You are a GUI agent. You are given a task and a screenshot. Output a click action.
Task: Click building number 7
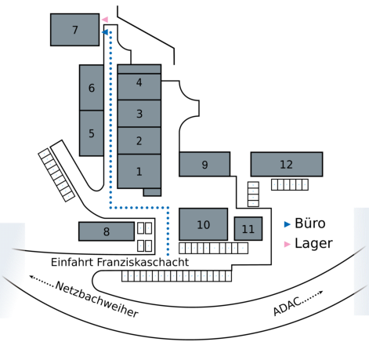click(x=74, y=30)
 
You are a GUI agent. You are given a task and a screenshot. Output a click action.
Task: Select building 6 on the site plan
click(x=92, y=88)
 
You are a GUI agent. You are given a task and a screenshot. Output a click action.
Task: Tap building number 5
click(x=92, y=133)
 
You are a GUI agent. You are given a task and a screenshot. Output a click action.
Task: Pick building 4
click(x=139, y=86)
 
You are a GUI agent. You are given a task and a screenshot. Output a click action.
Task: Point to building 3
click(x=139, y=114)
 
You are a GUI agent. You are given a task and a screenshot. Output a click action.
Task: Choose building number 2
click(x=139, y=140)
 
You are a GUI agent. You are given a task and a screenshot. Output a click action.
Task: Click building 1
click(x=139, y=171)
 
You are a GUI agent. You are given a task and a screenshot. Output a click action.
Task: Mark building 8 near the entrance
click(x=107, y=231)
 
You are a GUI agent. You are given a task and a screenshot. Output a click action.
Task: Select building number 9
click(x=204, y=164)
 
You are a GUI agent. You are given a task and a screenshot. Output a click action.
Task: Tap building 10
click(x=203, y=224)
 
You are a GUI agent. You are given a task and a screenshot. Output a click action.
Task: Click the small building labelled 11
click(x=248, y=229)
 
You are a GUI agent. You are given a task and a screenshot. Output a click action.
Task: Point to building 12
click(x=287, y=164)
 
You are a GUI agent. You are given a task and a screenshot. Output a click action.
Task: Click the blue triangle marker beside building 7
click(x=105, y=32)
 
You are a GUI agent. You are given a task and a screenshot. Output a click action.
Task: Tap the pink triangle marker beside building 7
click(x=105, y=20)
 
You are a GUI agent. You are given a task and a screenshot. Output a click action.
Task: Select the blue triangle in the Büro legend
click(x=287, y=224)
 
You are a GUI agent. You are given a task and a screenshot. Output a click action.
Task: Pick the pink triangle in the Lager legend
click(x=287, y=244)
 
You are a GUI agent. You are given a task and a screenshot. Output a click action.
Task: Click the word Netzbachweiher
click(x=96, y=300)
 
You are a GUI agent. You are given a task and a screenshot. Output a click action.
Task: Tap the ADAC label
click(x=287, y=306)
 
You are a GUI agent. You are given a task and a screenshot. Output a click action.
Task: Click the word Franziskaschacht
click(x=143, y=262)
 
